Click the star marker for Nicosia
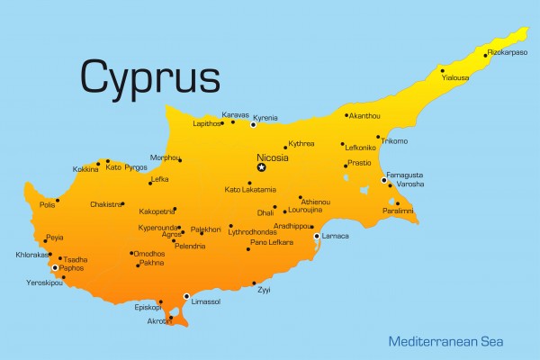pos(262,167)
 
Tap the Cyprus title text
pos(149,76)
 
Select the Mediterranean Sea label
pos(445,342)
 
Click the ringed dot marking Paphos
pos(55,267)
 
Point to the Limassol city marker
pos(186,296)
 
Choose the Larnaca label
pos(336,237)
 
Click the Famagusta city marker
pos(384,180)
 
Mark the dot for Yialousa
pos(442,70)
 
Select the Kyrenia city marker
pos(253,124)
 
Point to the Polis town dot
pos(58,201)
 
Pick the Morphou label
pos(162,157)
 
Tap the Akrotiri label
pos(159,321)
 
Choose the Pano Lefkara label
pos(271,243)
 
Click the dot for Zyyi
pos(254,283)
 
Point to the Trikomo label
pos(394,141)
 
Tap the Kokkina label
pos(86,169)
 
